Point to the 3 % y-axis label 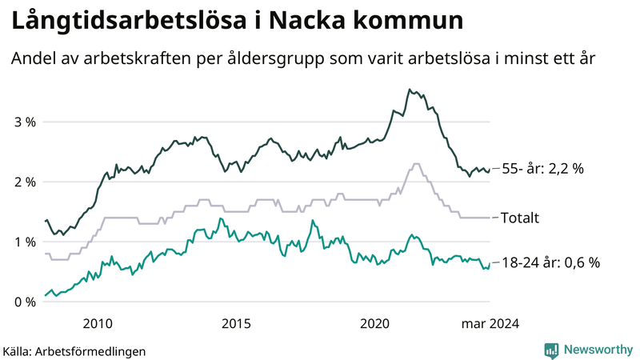point(26,122)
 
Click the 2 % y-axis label point(26,182)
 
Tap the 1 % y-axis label point(26,242)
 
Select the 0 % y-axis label point(26,302)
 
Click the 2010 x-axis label point(97,324)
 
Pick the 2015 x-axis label point(237,324)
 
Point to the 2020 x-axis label point(376,324)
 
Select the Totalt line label point(520,217)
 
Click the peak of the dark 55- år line point(410,90)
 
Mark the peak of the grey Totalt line point(415,164)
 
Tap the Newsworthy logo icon point(551,350)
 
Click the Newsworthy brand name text point(598,350)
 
